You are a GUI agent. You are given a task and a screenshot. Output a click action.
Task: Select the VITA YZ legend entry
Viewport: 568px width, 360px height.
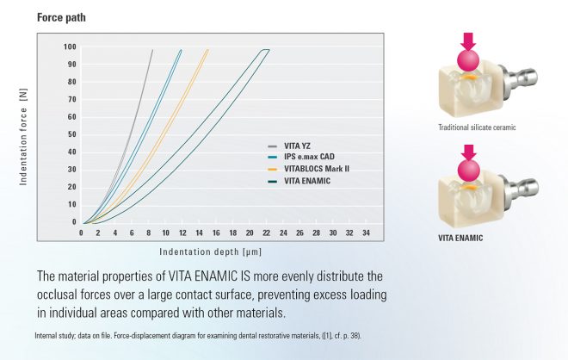pyautogui.click(x=298, y=147)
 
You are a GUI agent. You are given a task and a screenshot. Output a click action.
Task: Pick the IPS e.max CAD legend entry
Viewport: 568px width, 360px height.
pyautogui.click(x=306, y=158)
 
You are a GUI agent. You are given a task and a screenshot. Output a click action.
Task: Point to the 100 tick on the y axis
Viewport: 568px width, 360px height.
pyautogui.click(x=69, y=47)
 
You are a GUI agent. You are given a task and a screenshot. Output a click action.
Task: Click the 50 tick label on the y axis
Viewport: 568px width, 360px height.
pyautogui.click(x=71, y=134)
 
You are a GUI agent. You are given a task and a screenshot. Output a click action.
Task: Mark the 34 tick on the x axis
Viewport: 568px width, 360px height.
pyautogui.click(x=367, y=233)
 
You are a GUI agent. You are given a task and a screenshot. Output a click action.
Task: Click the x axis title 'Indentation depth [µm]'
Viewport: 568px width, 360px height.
pyautogui.click(x=210, y=251)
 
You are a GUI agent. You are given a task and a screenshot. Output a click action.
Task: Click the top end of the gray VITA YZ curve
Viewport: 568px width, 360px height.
pyautogui.click(x=152, y=50)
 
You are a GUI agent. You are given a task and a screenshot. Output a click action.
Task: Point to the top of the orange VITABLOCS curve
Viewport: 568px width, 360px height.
pyautogui.click(x=207, y=50)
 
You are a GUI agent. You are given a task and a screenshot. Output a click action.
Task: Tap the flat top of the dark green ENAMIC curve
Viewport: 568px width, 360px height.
pyautogui.click(x=265, y=50)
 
